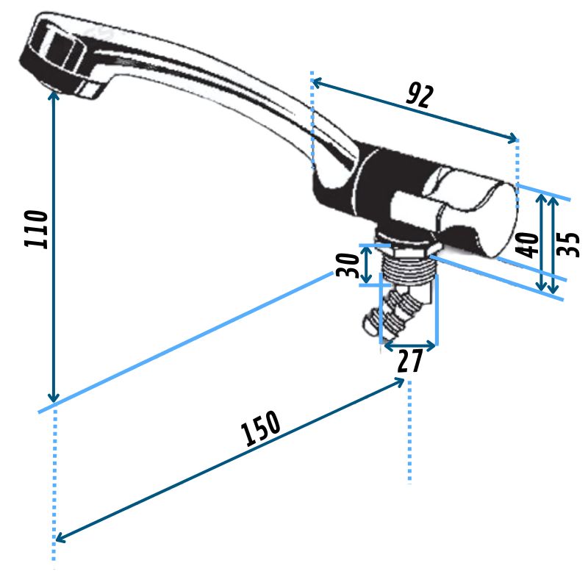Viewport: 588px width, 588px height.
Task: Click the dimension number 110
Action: tap(37, 229)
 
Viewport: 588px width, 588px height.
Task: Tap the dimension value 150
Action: tap(262, 430)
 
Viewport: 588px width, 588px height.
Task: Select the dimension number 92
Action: tap(420, 95)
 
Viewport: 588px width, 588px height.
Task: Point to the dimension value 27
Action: tap(409, 362)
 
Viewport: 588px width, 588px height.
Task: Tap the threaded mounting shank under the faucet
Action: tap(409, 265)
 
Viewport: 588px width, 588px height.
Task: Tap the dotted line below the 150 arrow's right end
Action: tap(409, 441)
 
